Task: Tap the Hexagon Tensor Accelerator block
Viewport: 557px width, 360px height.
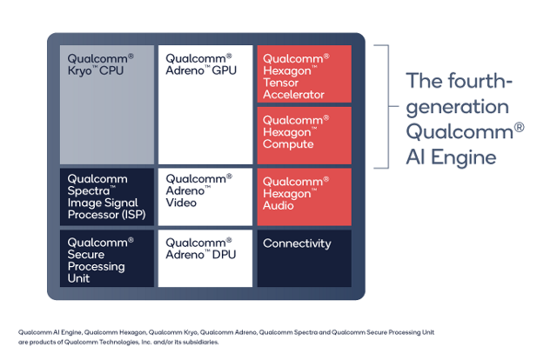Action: click(x=305, y=73)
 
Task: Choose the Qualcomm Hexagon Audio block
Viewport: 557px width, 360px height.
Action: click(x=305, y=195)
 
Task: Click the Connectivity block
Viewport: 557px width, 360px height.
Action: click(x=305, y=257)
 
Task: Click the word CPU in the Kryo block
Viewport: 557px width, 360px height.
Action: click(x=112, y=70)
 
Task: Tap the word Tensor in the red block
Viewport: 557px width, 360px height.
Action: click(x=282, y=83)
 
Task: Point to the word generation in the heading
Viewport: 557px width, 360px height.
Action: click(x=457, y=107)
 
